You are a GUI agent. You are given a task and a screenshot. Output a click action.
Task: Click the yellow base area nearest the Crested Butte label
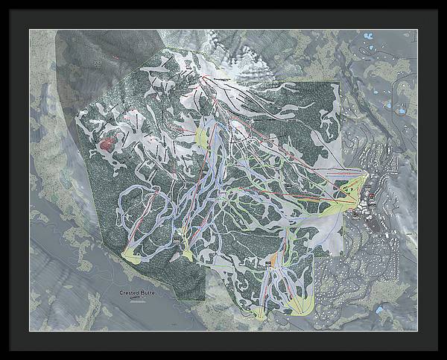131,255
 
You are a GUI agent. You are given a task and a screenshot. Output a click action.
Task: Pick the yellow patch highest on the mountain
203,138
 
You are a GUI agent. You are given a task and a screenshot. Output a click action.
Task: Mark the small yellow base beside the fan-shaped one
259,314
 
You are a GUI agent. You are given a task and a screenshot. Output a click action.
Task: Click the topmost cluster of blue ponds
367,36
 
